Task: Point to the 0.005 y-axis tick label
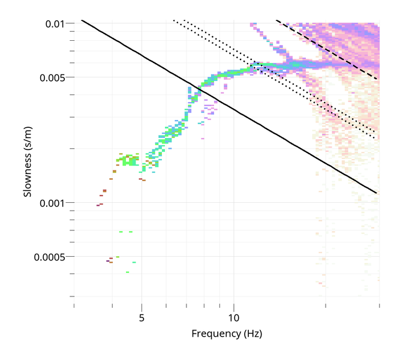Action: (53, 77)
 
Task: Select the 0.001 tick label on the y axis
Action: (53, 203)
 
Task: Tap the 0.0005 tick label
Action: (51, 257)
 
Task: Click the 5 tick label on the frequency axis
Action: (142, 317)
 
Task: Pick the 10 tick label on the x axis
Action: (234, 317)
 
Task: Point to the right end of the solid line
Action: (376, 193)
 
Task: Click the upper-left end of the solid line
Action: (82, 21)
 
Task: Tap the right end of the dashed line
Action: (376, 79)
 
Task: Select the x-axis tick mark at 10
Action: (234, 307)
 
